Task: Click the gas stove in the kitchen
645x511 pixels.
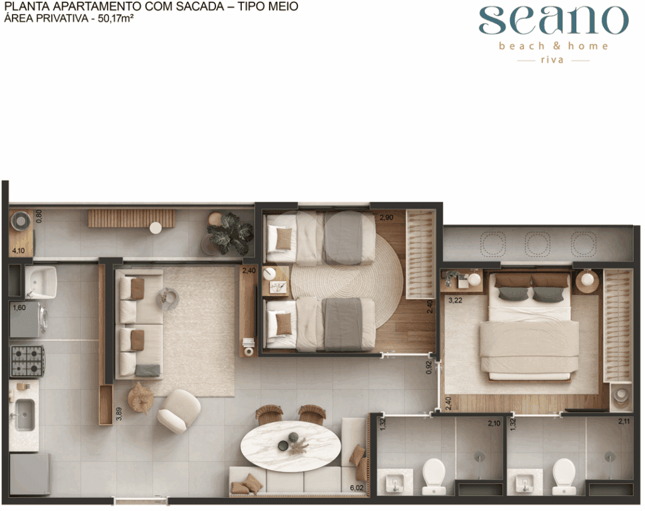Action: (27, 361)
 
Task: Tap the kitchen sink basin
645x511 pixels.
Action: (25, 415)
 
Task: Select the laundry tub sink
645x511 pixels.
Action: (41, 282)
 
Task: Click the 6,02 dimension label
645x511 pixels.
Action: (357, 488)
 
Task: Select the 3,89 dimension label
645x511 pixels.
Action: (119, 413)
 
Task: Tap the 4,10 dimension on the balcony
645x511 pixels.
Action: (18, 251)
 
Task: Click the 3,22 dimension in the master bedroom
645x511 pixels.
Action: (455, 301)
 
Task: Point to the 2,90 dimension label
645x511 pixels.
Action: (386, 217)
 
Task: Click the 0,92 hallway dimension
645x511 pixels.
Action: (429, 367)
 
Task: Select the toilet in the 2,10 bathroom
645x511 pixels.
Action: (433, 476)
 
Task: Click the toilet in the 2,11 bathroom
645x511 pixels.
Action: (564, 476)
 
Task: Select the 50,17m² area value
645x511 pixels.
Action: (116, 18)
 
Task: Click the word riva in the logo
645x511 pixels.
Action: (552, 60)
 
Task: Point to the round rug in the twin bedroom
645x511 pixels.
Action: (347, 282)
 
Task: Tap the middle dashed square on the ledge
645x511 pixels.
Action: (538, 244)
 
